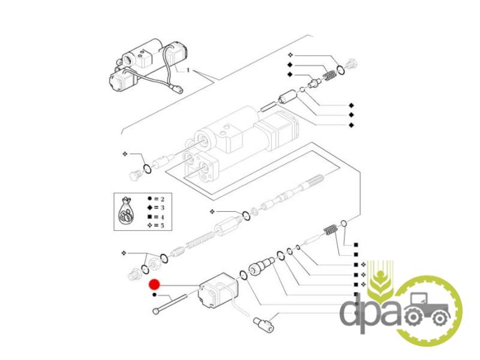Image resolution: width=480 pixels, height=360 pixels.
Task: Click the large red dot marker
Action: (154, 285)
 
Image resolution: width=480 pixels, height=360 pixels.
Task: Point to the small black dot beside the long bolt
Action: (154, 295)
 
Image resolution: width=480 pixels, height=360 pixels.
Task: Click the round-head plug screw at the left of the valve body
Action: (135, 176)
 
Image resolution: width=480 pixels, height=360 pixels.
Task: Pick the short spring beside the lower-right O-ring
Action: (329, 230)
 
